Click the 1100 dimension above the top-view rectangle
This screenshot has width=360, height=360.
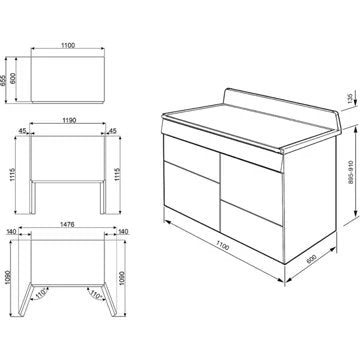[x=68, y=45]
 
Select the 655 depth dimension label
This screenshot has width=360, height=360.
[x=3, y=80]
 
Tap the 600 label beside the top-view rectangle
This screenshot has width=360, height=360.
[x=13, y=79]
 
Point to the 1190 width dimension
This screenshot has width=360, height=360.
[x=69, y=120]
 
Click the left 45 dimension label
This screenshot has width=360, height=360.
[x=22, y=131]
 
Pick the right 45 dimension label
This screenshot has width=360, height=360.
[x=113, y=131]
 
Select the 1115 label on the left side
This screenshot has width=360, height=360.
[x=12, y=174]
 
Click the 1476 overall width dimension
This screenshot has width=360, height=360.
[x=67, y=225]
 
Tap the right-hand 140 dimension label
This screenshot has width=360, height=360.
[x=123, y=232]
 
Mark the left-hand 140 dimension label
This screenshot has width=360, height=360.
[x=12, y=232]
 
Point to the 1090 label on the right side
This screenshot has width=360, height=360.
[x=122, y=278]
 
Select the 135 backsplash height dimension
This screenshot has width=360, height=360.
[x=350, y=99]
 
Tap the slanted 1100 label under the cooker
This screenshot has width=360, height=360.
[x=222, y=247]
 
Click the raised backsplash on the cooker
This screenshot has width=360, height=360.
[x=283, y=102]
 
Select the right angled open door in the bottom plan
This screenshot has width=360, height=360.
[x=110, y=299]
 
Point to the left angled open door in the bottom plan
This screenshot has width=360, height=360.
[x=25, y=299]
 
